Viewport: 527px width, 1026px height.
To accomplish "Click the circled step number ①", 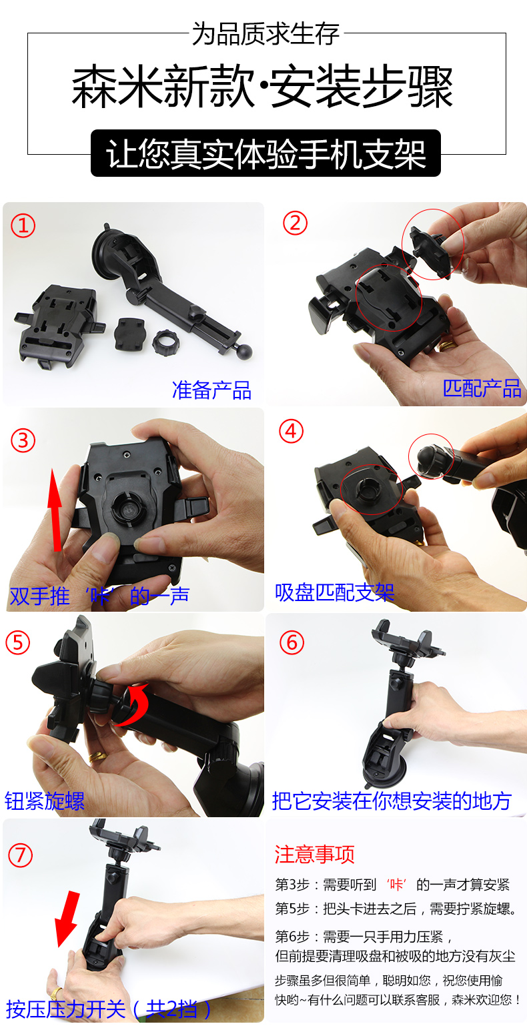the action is point(23,225).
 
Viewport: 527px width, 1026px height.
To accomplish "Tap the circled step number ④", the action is point(292,431).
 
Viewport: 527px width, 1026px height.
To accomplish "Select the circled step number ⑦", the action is point(21,855).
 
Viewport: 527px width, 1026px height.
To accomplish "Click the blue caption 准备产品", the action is point(211,390).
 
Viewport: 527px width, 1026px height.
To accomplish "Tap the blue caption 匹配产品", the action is point(482,388).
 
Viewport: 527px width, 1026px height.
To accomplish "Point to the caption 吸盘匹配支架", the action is point(335,592).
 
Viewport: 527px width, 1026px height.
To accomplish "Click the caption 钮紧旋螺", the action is point(45,801).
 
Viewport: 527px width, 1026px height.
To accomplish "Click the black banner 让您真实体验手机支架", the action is point(266,153).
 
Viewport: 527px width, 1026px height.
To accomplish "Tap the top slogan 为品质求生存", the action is point(266,33).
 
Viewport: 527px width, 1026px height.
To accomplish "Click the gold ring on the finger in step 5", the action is point(97,756).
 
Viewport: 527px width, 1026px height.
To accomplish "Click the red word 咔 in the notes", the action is point(396,885).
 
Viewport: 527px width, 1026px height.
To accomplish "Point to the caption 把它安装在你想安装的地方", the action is point(392,801).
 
